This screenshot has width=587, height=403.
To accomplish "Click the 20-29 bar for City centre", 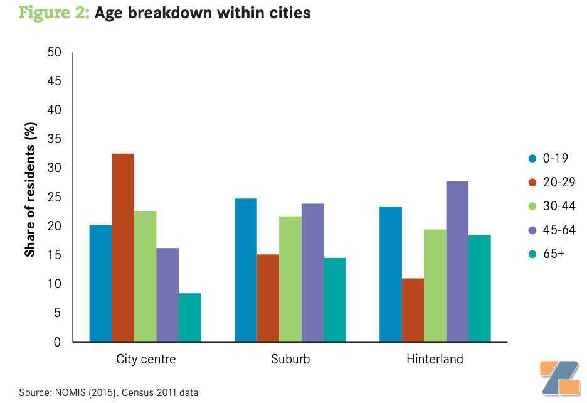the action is pos(123,248).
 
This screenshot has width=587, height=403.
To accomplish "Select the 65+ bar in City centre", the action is pos(190,318).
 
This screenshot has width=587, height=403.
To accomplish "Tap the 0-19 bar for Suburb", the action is pos(246,271).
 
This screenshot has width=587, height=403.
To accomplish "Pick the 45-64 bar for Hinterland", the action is pos(457,262).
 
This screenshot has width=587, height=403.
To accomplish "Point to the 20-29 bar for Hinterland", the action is pos(413,310).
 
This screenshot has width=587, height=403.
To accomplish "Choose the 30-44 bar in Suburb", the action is pos(290,279).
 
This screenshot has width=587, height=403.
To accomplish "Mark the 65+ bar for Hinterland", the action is pos(480,288).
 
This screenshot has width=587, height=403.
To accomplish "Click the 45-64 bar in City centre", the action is pos(167,295).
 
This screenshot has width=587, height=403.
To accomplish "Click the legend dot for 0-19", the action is pos(532,159).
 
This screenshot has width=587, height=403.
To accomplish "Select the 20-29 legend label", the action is pos(559,182).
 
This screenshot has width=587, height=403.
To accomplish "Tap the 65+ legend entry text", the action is pos(554,254).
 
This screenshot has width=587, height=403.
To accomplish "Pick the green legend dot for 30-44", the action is pos(532,206).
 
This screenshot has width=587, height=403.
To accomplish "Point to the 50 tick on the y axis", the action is pos(55,52).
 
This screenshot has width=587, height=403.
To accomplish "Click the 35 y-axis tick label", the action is pos(55,139).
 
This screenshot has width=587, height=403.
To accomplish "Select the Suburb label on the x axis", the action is pos(290,359).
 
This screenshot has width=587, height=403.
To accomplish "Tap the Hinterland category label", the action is pos(435,359).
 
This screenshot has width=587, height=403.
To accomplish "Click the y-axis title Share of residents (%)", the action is pos(30,190).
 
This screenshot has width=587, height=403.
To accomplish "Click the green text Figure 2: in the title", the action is pos(55,13).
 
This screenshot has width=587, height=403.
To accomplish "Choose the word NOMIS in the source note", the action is pos(70,392).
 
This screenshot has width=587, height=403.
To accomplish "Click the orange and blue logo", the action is pos(560,378).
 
